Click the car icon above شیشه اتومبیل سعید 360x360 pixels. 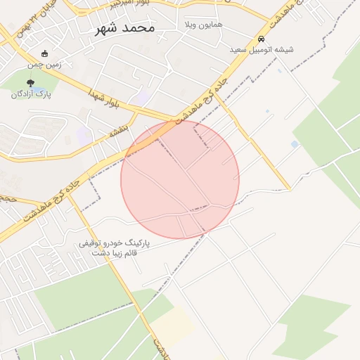click(261, 39)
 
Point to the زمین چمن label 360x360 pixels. click(45, 65)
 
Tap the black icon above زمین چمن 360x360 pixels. click(45, 53)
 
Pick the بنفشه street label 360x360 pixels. click(117, 131)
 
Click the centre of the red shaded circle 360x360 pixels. click(180, 180)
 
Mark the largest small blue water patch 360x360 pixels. click(294, 144)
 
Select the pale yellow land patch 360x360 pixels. click(172, 326)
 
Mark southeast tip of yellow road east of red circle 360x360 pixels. click(288, 189)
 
